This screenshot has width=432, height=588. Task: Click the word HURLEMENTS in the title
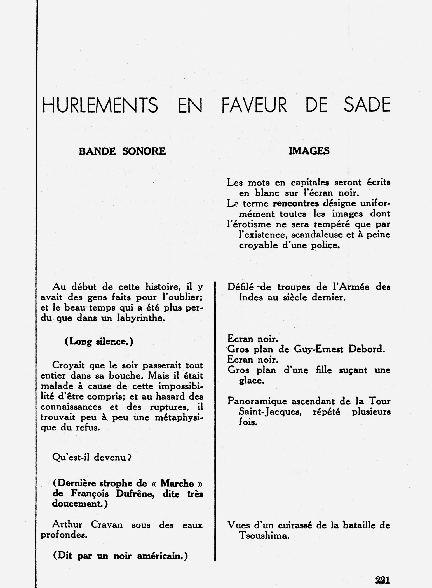(x=100, y=105)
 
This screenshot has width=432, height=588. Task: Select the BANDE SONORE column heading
(x=122, y=151)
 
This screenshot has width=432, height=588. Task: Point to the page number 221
(x=382, y=579)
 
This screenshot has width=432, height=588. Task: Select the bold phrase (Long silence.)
(x=99, y=342)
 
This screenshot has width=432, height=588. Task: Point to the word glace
(x=252, y=381)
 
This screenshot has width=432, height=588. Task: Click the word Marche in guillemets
(x=177, y=484)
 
